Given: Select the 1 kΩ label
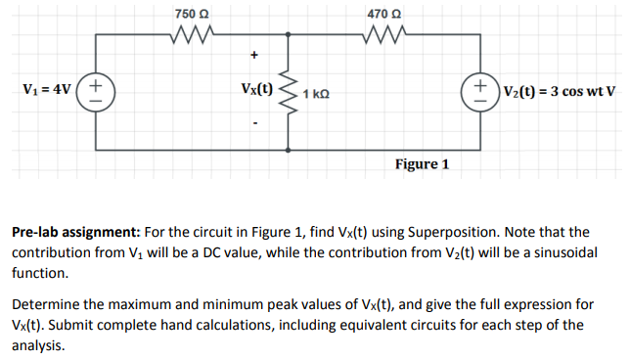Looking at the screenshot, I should [315, 94].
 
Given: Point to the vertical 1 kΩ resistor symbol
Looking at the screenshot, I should [291, 91].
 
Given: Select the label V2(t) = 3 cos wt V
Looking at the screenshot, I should [561, 91].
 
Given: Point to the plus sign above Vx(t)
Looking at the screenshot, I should [255, 54].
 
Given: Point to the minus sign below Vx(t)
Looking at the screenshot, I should [255, 123].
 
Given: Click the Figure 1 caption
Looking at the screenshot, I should [422, 164].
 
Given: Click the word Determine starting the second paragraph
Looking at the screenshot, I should [46, 304].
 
